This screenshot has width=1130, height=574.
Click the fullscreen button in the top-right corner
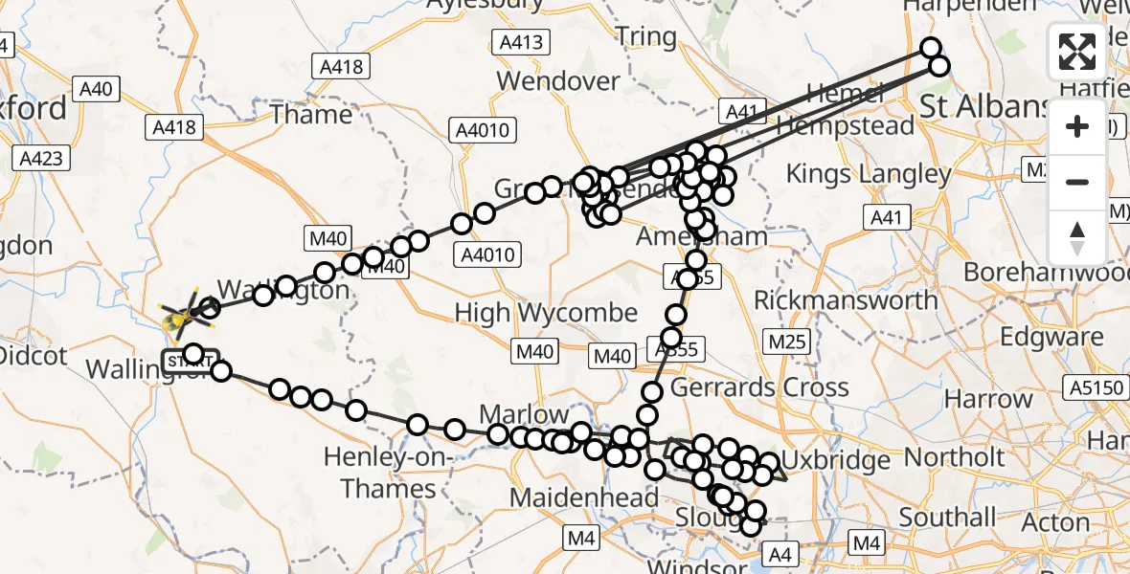[1077, 52]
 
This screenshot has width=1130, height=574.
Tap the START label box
[183, 362]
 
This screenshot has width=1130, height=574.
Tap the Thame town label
[311, 115]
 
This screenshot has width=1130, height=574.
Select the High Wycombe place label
[546, 313]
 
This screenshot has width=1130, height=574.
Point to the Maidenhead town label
[584, 497]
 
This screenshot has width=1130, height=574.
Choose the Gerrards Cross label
[759, 387]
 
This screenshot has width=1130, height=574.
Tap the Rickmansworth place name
[846, 300]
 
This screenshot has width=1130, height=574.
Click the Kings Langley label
[869, 174]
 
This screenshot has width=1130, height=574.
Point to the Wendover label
[558, 81]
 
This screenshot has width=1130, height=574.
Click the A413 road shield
[521, 42]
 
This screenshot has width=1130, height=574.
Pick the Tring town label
[645, 37]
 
